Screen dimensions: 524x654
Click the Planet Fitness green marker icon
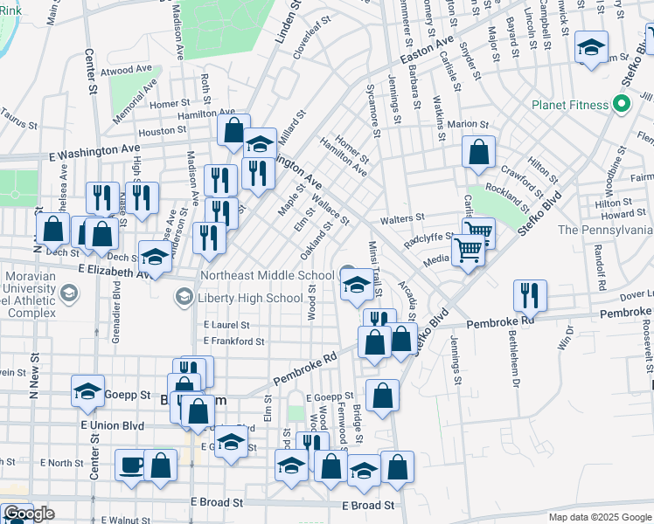coord(622,106)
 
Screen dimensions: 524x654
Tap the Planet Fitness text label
coord(570,106)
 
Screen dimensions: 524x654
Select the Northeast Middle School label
coord(268,275)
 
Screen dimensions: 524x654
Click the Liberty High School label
coord(251,299)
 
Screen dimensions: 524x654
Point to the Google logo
coord(28,514)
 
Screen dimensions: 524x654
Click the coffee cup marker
coord(131,465)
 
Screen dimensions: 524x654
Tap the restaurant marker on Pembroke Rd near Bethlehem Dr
coord(530,296)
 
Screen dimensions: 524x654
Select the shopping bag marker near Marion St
coord(478,153)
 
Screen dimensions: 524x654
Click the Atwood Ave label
coord(129,70)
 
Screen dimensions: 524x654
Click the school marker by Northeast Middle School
coord(356,286)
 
